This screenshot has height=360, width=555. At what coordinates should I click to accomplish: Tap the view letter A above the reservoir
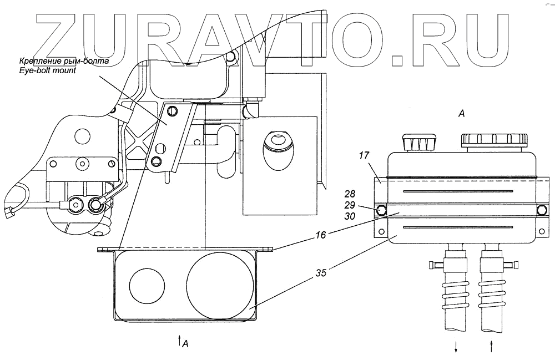(461, 114)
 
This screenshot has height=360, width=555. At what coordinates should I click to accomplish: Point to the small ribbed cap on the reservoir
(419, 143)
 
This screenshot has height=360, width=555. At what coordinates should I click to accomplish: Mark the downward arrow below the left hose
(456, 347)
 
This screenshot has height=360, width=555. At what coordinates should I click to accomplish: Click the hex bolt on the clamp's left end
(381, 211)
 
